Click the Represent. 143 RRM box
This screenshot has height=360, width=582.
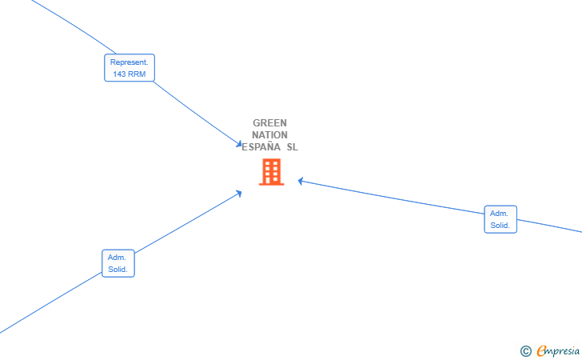click(130, 68)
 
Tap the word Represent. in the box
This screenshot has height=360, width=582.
click(130, 62)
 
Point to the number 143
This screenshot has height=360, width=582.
click(119, 74)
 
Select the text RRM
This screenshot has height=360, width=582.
click(137, 74)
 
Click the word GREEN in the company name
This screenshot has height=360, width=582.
click(270, 123)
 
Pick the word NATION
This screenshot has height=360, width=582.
click(270, 135)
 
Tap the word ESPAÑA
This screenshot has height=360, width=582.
click(261, 146)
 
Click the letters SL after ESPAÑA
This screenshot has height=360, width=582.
click(292, 147)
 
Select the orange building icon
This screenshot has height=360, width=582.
click(271, 172)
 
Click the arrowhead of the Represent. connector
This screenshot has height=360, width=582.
click(239, 144)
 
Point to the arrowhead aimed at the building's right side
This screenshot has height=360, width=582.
click(301, 181)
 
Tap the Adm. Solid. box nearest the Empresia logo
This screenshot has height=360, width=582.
click(500, 219)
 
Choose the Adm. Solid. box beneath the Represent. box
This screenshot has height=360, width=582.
click(118, 263)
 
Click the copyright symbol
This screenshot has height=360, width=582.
click(525, 351)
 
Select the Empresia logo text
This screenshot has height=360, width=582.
click(558, 350)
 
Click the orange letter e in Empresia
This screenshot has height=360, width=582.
click(541, 350)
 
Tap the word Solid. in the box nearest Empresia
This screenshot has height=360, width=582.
click(500, 225)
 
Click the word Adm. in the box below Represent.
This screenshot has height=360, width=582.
click(117, 257)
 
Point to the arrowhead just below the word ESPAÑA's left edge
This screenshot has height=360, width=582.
click(239, 193)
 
